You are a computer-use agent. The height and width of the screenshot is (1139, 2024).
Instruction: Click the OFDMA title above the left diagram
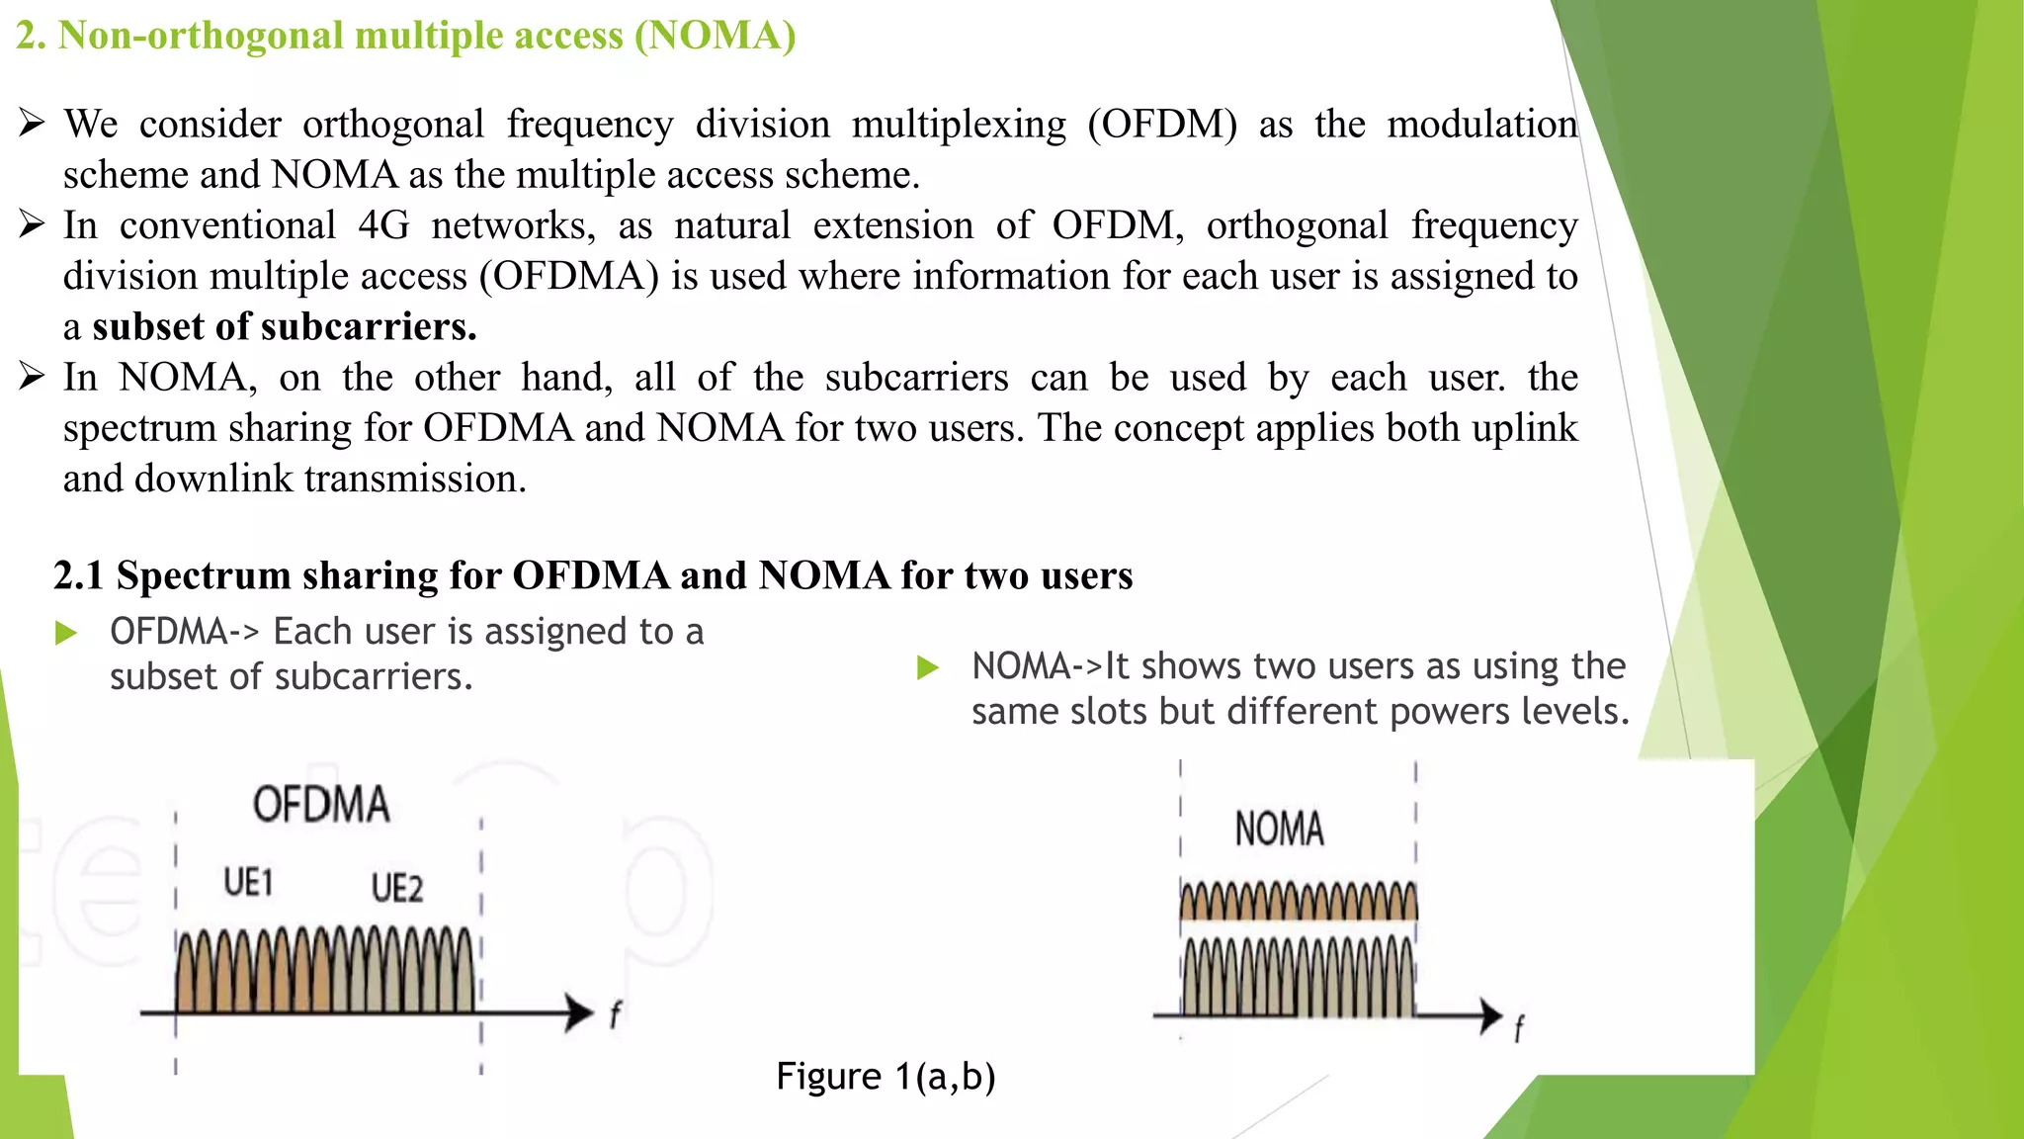321,805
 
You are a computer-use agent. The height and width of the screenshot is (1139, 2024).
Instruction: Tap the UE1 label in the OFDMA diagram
248,882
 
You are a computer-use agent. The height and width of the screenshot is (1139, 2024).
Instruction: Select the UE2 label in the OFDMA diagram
397,888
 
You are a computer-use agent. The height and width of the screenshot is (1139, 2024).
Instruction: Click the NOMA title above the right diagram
1279,829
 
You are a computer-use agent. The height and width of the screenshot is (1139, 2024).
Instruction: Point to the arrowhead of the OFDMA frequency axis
580,1012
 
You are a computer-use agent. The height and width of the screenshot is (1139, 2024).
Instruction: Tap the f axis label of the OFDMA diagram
615,1014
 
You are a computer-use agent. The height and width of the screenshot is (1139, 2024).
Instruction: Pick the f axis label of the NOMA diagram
1519,1029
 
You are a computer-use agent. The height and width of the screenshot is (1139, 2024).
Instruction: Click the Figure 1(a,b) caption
885,1076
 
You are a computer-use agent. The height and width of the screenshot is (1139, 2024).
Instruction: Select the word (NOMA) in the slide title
715,36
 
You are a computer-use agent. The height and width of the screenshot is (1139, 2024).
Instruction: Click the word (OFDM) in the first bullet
1162,125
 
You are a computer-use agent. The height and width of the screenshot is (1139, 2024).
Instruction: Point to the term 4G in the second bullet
383,225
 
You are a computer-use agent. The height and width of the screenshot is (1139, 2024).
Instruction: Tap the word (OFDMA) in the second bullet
568,276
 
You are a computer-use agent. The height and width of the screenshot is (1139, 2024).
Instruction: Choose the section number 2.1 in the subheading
79,575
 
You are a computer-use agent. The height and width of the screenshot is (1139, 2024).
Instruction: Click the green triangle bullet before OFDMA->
66,633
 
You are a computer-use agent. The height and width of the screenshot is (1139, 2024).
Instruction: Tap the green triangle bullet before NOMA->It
927,667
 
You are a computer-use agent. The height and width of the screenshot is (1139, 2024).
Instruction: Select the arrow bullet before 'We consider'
32,124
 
